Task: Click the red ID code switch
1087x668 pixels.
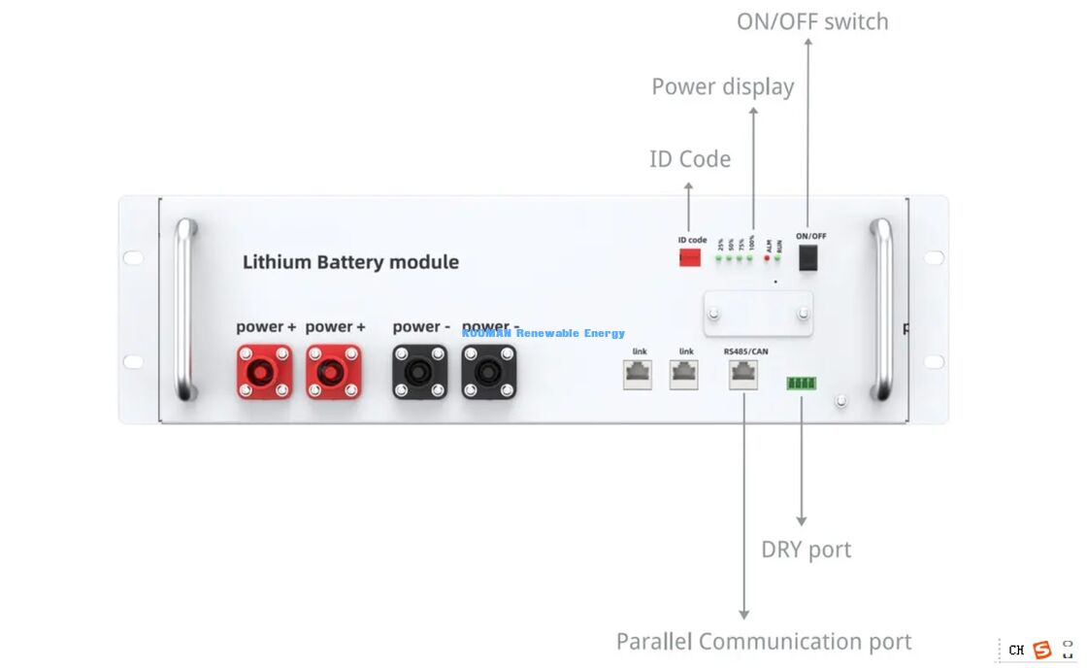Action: coord(690,257)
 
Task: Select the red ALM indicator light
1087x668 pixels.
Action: coord(767,259)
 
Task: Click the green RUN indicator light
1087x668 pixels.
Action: coord(778,259)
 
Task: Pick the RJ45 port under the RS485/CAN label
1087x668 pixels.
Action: coord(743,374)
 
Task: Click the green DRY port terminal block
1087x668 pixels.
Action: coord(802,383)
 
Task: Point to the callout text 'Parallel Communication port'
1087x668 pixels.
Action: coord(764,642)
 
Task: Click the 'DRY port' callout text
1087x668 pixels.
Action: coord(806,550)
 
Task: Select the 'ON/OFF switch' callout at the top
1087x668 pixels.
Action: coord(812,21)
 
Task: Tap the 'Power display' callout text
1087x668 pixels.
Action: coord(723,86)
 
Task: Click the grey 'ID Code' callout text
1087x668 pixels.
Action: coord(690,159)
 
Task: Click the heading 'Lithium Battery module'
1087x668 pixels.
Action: coord(350,262)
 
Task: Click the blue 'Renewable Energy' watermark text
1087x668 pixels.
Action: coord(571,333)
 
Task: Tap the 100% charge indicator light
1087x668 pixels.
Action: coord(750,259)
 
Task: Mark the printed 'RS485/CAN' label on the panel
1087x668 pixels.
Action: coord(742,351)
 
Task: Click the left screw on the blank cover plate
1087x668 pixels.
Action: coord(715,314)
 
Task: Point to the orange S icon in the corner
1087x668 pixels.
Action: coord(1042,650)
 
